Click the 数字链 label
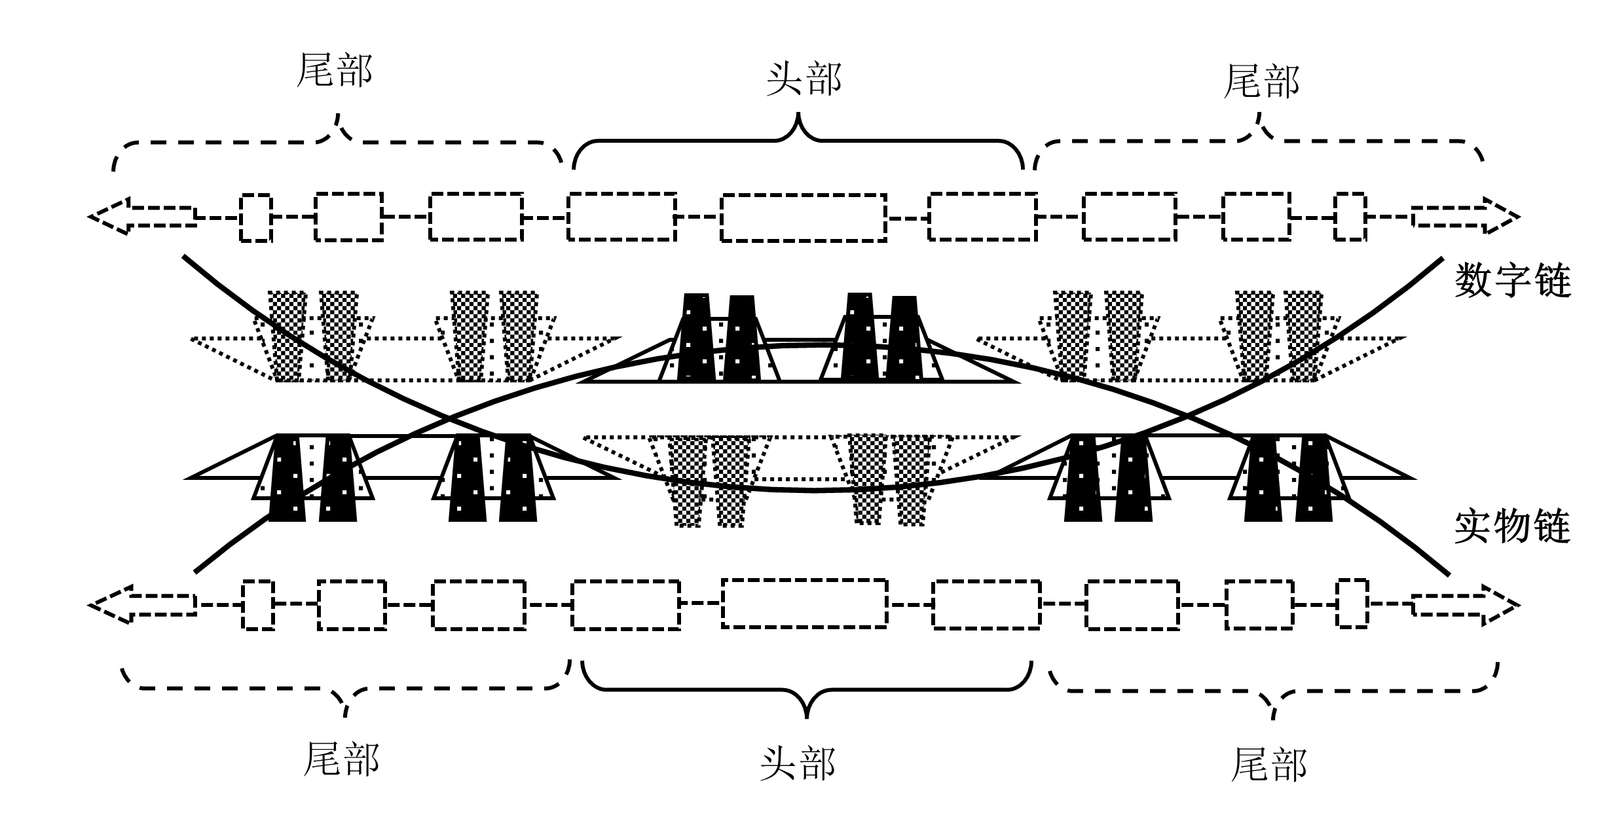tap(1513, 280)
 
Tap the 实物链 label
tap(1513, 528)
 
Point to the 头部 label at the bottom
tap(798, 763)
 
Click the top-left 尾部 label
tap(335, 71)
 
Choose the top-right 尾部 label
tap(1261, 82)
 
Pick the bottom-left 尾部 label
tap(341, 759)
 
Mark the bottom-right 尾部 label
tap(1269, 765)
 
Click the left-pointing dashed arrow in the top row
tap(143, 216)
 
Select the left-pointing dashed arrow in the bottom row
tap(144, 604)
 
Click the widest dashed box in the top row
tap(804, 217)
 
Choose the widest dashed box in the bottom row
tap(805, 604)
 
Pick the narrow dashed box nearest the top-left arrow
tap(255, 218)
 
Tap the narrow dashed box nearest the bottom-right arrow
tap(1352, 604)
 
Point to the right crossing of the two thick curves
tap(1187, 416)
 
